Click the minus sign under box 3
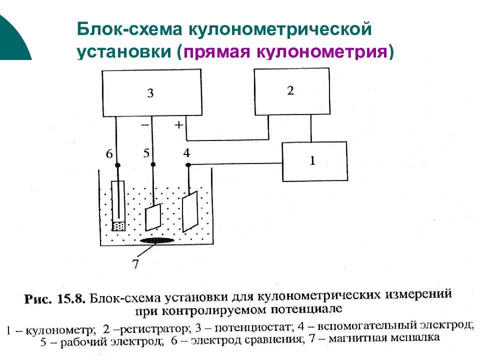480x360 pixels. pos(145,125)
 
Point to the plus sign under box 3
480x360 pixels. pos(178,124)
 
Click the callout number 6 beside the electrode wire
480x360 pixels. pos(109,153)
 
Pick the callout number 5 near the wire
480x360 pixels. pos(146,153)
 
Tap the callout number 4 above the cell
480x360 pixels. pos(186,152)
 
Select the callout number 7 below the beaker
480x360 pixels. pos(135,263)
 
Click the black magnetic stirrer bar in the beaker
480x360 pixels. pos(157,240)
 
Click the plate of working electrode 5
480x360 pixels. pos(153,217)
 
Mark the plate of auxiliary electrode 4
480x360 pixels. pos(190,211)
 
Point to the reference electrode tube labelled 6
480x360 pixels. pos(118,205)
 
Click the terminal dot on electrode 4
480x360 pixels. pos(188,165)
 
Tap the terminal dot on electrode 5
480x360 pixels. pos(153,164)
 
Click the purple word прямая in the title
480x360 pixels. pos(216,51)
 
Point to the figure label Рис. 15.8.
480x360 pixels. pos(54,298)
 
